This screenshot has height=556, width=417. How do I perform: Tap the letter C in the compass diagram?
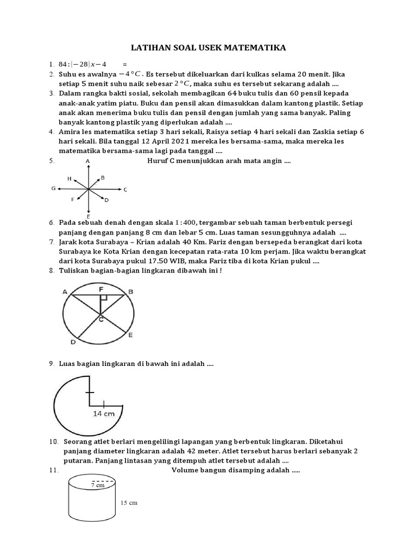125,189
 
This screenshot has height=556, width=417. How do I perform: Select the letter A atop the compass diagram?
88,162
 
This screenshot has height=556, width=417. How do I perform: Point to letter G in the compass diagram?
53,188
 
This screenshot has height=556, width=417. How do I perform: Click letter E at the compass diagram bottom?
88,217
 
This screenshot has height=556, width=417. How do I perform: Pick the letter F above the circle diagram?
102,290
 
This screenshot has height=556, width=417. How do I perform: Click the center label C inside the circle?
102,320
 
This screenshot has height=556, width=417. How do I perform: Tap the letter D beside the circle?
73,342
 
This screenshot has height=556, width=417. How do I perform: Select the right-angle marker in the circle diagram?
104,298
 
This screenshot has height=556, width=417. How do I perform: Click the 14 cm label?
105,413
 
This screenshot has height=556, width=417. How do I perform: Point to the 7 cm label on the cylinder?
98,485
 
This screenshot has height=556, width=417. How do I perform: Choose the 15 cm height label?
129,503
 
